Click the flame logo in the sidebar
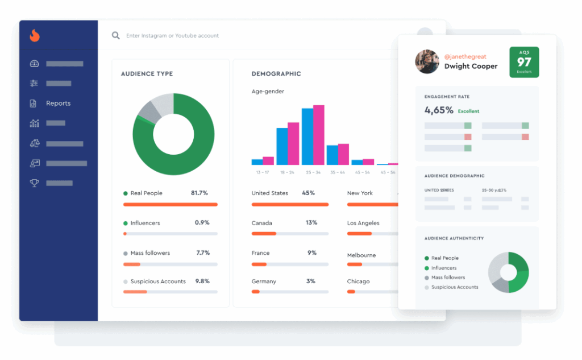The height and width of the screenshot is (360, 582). coord(35,36)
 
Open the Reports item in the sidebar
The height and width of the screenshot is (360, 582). coord(58,104)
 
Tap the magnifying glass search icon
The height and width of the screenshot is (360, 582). coord(115,35)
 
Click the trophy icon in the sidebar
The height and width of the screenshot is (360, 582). coord(34,183)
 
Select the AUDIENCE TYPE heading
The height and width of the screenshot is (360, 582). coord(147,74)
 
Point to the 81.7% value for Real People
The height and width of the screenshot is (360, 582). coord(199,193)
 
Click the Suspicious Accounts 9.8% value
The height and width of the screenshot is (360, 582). coord(202,282)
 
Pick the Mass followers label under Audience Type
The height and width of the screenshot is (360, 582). coord(150,253)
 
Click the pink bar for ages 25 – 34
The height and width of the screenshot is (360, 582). coord(318,135)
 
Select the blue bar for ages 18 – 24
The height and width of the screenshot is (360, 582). coord(282,146)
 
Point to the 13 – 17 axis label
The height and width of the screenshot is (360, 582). coord(263,172)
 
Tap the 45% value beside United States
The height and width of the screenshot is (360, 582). coord(309,193)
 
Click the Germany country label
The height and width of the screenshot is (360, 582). coord(264,282)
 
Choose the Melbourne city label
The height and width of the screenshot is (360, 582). coord(361,255)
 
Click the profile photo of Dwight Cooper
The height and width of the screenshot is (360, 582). coord(427,61)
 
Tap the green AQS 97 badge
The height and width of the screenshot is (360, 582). coord(524,62)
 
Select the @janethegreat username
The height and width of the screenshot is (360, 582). coord(465,57)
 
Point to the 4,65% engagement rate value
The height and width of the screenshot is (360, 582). coord(439,110)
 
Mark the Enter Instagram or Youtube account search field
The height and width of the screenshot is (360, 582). coord(173,36)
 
